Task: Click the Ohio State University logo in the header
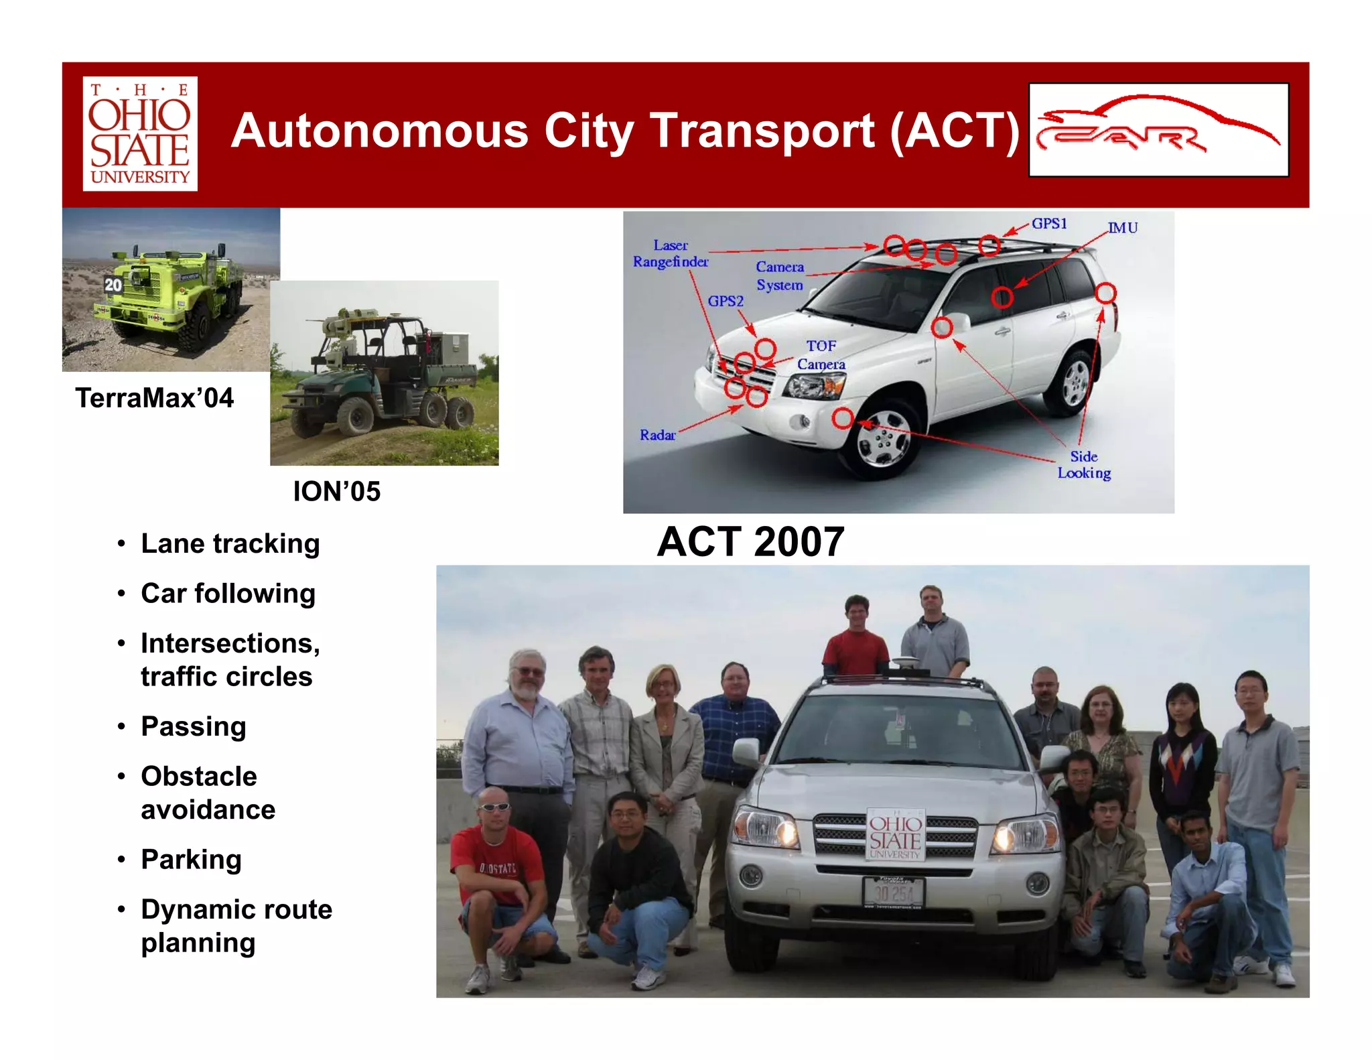[139, 133]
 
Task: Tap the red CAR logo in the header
[1158, 130]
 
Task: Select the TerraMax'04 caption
[154, 398]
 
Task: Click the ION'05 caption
[336, 491]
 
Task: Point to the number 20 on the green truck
[113, 285]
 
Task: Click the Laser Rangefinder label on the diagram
[670, 254]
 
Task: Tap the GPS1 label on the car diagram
[1049, 223]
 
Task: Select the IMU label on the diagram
[1123, 228]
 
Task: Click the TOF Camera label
[821, 355]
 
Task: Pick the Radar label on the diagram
[657, 435]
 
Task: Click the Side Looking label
[1084, 464]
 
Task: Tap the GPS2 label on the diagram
[726, 301]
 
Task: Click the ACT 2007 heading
[750, 541]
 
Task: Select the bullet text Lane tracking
[230, 543]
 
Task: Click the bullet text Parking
[191, 859]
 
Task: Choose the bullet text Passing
[194, 726]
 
